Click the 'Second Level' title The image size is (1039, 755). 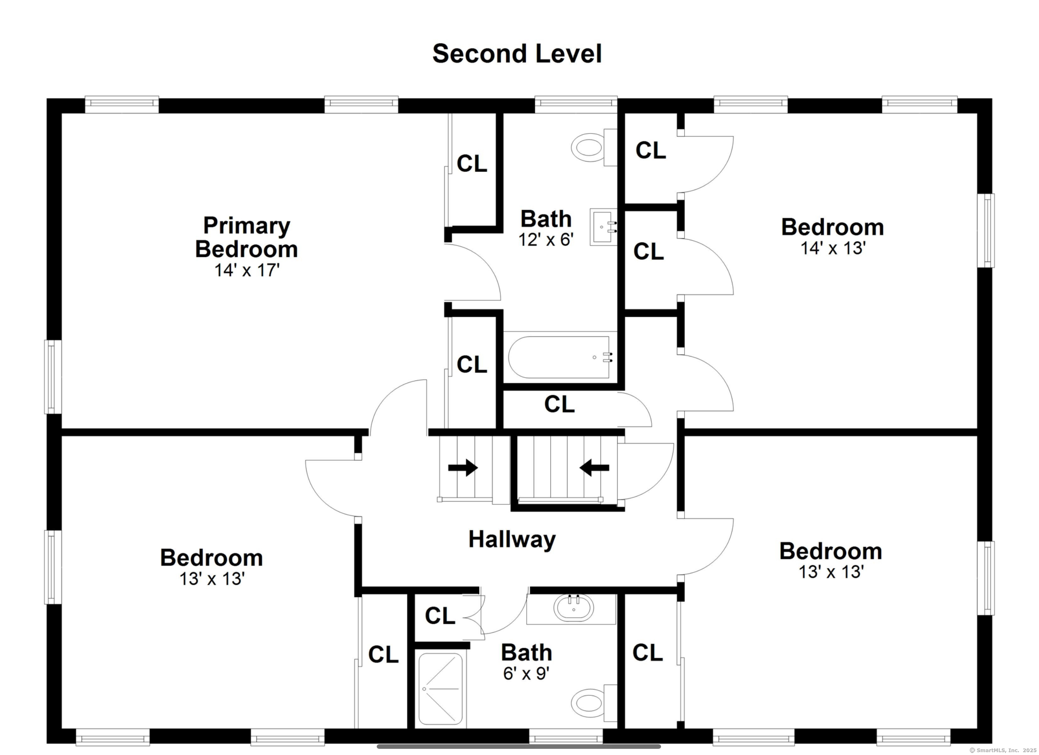pos(517,54)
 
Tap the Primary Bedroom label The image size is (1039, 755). pos(246,237)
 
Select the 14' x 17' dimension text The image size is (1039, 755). pos(247,270)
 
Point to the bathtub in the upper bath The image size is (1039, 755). pos(560,358)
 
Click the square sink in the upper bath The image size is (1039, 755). pos(603,227)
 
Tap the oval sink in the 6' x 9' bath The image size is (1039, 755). pos(574,608)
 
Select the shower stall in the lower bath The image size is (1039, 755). pos(440,689)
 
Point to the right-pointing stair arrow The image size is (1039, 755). pos(463,468)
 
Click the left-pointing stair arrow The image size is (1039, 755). pos(594,468)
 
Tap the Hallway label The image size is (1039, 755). pos(512,540)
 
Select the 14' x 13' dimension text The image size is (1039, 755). pos(833,249)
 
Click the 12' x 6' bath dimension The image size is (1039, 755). pos(546,239)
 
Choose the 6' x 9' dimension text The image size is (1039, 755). pos(526,673)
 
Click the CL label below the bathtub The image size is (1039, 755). pos(559,404)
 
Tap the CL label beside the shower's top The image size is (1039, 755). pos(440,616)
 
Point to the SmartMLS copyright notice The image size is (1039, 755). pos(1003,750)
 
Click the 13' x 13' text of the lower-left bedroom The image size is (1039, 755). pos(212,579)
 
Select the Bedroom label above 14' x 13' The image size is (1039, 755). pos(833,227)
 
